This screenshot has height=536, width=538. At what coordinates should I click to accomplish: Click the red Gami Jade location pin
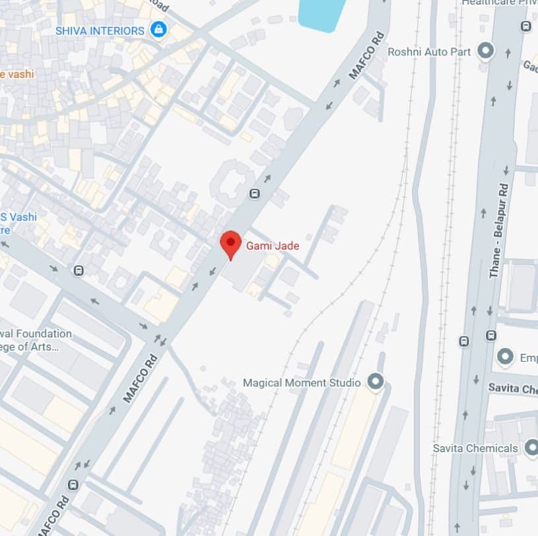click(x=230, y=244)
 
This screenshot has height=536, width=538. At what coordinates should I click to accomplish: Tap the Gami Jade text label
click(x=273, y=246)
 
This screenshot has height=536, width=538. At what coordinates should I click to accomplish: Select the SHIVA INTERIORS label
click(x=100, y=30)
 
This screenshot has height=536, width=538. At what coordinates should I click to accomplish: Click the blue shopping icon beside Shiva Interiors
click(x=158, y=30)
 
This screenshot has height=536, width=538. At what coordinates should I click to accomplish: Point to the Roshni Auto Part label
click(x=430, y=51)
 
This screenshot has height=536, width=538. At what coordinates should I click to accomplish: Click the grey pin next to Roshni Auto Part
click(x=486, y=50)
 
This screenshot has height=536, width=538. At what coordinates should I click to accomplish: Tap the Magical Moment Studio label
click(x=302, y=383)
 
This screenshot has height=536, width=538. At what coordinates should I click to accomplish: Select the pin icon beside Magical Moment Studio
click(x=375, y=382)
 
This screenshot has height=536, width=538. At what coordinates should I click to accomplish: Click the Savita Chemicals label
click(x=475, y=448)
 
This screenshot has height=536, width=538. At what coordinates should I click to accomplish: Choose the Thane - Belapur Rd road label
click(x=500, y=230)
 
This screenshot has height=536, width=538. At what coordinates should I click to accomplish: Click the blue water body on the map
click(x=323, y=15)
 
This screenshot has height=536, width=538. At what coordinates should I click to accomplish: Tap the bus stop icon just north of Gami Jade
click(x=254, y=193)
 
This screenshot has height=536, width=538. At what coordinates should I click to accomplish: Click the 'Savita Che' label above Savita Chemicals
click(x=512, y=388)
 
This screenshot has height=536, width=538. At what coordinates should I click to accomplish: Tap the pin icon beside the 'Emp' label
click(x=506, y=357)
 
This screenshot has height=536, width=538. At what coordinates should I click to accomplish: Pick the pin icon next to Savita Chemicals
click(x=531, y=448)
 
